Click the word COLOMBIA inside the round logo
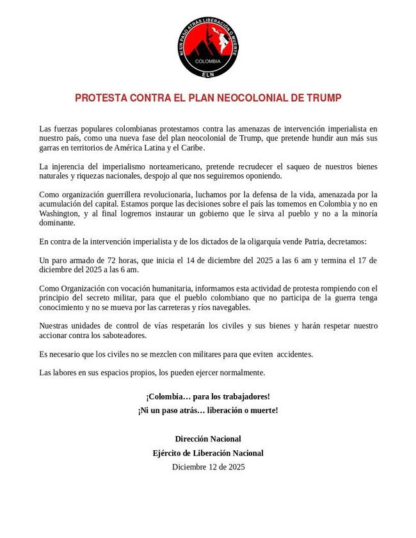click(208, 61)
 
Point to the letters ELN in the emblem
click(208, 74)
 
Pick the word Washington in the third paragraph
click(60, 214)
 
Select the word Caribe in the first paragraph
click(191, 147)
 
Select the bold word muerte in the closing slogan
click(262, 410)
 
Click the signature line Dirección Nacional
click(208, 439)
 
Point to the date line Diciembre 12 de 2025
click(208, 467)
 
